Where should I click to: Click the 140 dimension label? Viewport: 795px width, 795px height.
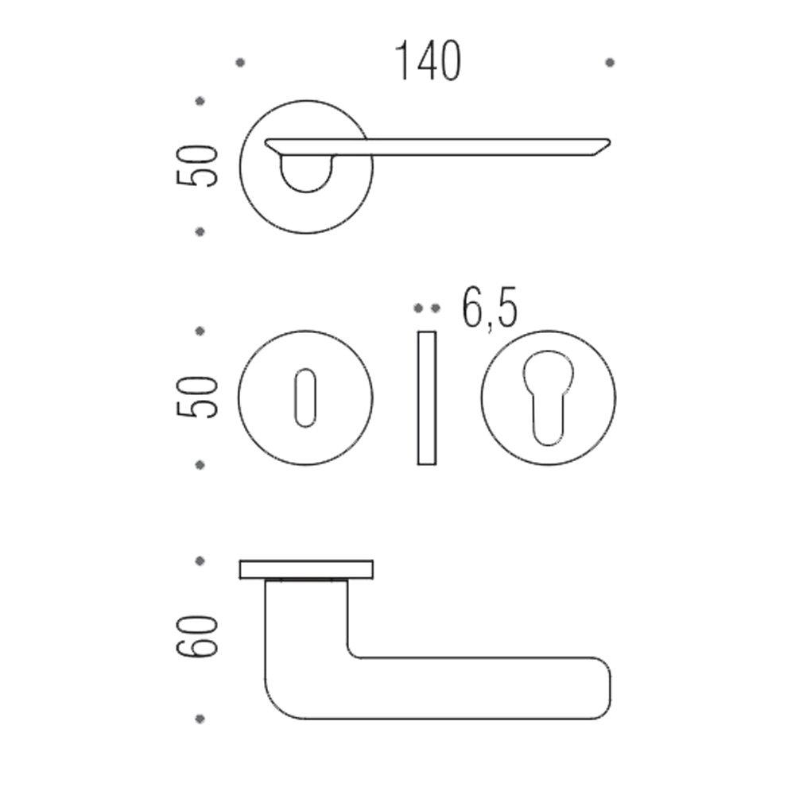pos(428,61)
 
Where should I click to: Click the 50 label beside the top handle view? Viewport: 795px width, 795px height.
pos(196,166)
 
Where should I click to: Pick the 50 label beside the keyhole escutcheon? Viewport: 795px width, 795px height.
pos(196,397)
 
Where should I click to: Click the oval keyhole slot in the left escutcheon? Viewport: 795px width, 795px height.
pos(305,397)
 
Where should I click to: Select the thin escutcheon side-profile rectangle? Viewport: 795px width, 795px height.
pos(427,398)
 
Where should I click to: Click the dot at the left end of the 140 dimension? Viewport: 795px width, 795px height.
pos(240,62)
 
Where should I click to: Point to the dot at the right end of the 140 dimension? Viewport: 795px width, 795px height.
pos(610,62)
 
